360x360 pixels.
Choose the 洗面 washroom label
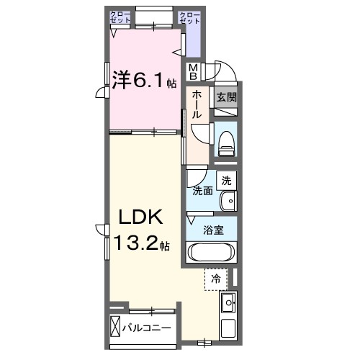(202, 191)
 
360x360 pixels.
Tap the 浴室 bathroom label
(212, 231)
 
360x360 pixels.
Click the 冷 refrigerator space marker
(215, 277)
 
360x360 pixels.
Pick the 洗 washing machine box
(226, 180)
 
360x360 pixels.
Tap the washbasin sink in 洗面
(227, 199)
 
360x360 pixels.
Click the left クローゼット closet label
(120, 17)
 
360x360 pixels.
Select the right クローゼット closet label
(189, 17)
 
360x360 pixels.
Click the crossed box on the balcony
(115, 328)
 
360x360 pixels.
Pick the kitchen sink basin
(228, 302)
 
